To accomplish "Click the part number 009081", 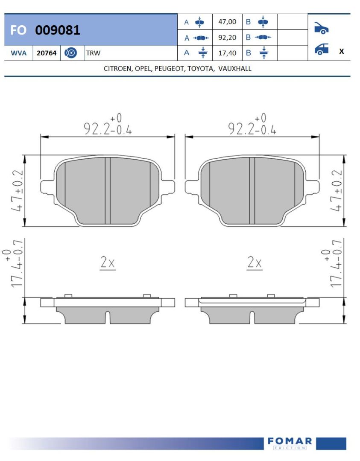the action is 57,30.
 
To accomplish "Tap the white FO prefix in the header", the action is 18,30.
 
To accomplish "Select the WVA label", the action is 18,53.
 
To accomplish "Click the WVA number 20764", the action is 47,53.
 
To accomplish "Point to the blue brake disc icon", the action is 70,53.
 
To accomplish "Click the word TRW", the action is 93,53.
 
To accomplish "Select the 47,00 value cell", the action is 227,22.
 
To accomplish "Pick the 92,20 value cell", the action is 227,38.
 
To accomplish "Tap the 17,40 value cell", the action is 227,53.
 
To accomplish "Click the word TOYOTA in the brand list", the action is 201,68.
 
